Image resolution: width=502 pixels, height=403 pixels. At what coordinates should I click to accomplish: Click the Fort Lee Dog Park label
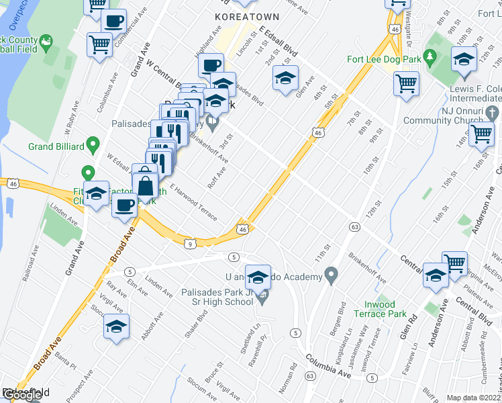384,59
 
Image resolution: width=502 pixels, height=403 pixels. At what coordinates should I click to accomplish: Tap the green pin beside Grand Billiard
94,144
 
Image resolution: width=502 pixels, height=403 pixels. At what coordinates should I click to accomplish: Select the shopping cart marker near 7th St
406,84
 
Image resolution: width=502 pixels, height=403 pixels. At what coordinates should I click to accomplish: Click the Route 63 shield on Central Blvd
352,228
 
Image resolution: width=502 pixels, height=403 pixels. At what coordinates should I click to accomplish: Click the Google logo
21,396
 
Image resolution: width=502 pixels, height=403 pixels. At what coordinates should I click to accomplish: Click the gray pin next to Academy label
330,273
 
